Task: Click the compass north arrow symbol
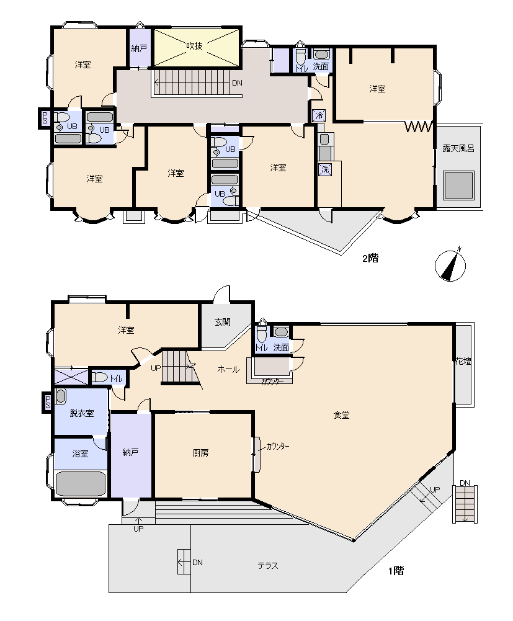(x=450, y=266)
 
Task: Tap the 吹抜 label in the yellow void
(x=195, y=46)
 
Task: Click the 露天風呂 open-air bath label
(x=458, y=148)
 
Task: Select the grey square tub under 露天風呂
(x=458, y=185)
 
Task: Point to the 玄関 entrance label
(x=223, y=322)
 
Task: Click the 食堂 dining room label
(x=341, y=415)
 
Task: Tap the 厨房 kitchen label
(x=200, y=453)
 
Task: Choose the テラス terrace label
(x=268, y=566)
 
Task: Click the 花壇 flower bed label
(x=463, y=361)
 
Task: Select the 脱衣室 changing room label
(x=82, y=413)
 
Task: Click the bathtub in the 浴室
(x=81, y=483)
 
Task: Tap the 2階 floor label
(x=370, y=258)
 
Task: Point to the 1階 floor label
(x=396, y=571)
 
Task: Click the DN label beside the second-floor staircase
(x=237, y=83)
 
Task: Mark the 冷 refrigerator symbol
(x=319, y=115)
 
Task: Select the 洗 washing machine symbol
(x=325, y=169)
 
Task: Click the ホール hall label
(x=228, y=369)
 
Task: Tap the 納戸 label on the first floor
(x=130, y=452)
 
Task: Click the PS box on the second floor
(x=45, y=118)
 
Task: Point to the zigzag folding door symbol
(x=418, y=127)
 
